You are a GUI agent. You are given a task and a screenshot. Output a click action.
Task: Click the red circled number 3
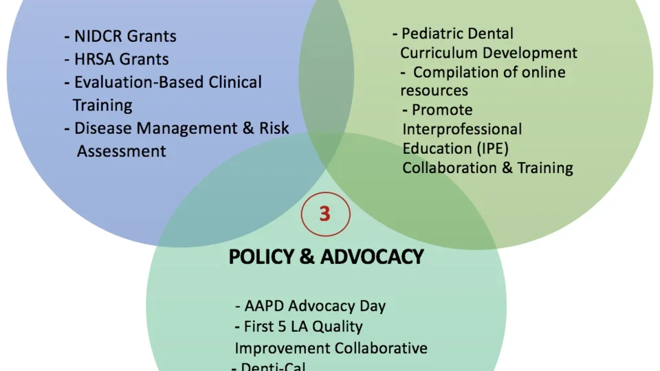pos(325,214)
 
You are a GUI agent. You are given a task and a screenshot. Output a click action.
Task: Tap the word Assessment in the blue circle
pos(121,150)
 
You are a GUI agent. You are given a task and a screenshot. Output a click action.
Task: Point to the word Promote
pos(442,110)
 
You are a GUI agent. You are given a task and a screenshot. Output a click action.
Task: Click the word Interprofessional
pos(462,129)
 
